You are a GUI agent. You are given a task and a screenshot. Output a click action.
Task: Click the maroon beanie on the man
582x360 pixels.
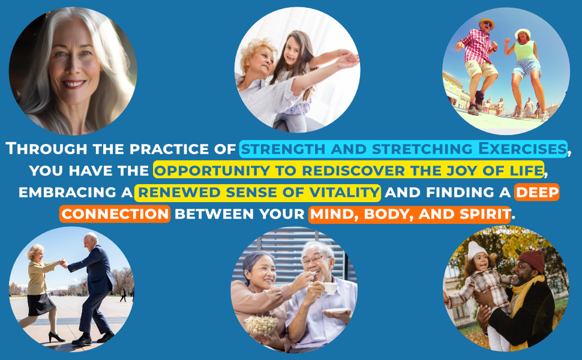(532, 260)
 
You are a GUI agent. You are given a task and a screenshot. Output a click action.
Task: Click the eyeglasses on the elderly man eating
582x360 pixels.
(314, 260)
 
